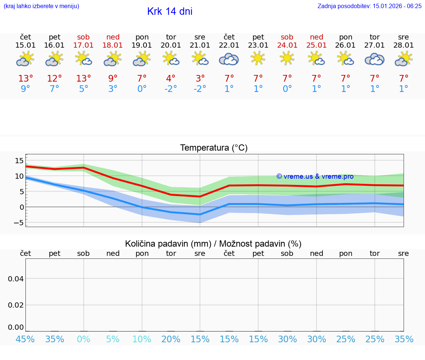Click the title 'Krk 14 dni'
(170, 11)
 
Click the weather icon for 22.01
(229, 59)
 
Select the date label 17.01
(84, 45)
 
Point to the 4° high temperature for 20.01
(171, 79)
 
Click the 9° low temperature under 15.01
(25, 89)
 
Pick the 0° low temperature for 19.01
(142, 89)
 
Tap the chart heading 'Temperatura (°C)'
(214, 148)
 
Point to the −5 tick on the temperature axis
(18, 222)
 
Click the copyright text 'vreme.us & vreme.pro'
(315, 176)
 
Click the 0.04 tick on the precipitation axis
(16, 279)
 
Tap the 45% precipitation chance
(25, 339)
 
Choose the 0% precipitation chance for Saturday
(84, 339)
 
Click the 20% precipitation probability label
(171, 339)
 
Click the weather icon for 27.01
(374, 59)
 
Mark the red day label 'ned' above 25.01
(317, 37)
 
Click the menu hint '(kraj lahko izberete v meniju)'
(41, 6)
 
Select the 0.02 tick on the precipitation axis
(16, 305)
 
